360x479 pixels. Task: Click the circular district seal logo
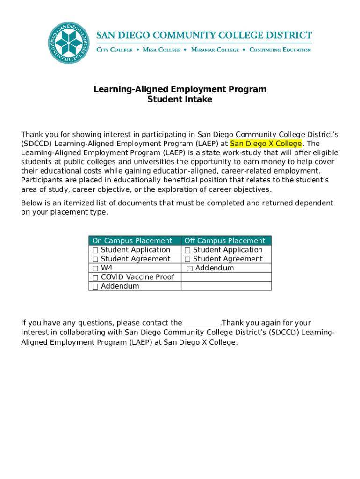[69, 43]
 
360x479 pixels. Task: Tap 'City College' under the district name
[115, 50]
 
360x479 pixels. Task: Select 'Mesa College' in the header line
[161, 50]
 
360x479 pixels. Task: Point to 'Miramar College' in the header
[215, 50]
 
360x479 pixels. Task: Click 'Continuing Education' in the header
[280, 50]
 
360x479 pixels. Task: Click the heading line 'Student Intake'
[180, 99]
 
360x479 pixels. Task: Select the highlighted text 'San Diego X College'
[266, 144]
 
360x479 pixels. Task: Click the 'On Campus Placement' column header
[132, 241]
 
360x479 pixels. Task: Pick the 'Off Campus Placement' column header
[225, 241]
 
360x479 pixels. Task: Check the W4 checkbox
[95, 268]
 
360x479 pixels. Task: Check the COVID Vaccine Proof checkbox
[95, 277]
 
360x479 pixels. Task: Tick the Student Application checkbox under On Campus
[95, 250]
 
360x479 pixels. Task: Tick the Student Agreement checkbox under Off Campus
[187, 259]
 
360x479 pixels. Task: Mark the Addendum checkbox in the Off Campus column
[190, 269]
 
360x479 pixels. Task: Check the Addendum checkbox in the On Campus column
[95, 286]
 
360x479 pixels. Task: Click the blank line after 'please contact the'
[202, 323]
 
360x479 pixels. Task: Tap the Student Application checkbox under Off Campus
[187, 250]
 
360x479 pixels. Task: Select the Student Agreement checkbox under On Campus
[95, 259]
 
